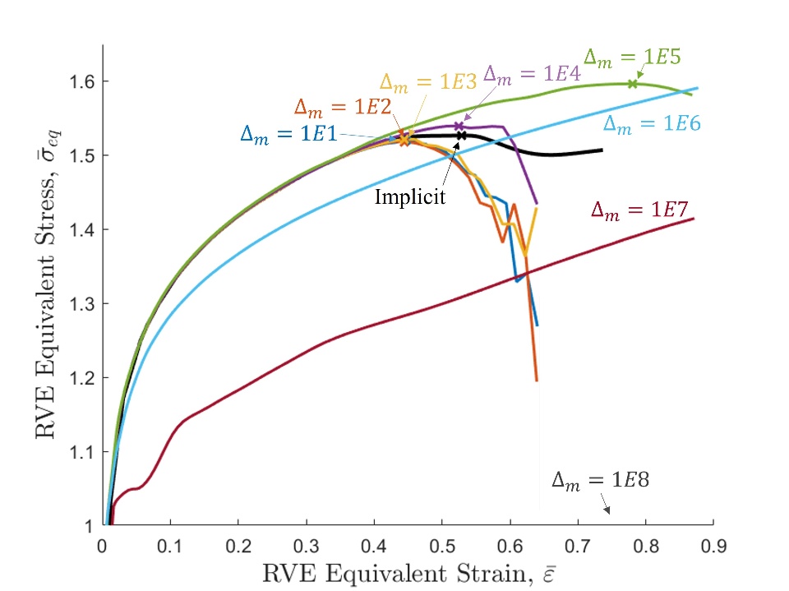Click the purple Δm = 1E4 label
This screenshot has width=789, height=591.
533,73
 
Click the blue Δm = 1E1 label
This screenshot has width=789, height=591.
288,134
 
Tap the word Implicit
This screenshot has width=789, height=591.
409,197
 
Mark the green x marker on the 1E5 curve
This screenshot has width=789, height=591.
633,83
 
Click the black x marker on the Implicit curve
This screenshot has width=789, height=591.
462,136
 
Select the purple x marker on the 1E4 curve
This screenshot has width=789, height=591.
459,126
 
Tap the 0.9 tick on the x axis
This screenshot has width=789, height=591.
713,543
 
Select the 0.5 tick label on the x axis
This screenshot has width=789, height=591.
441,543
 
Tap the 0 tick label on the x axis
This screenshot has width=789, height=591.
103,543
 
